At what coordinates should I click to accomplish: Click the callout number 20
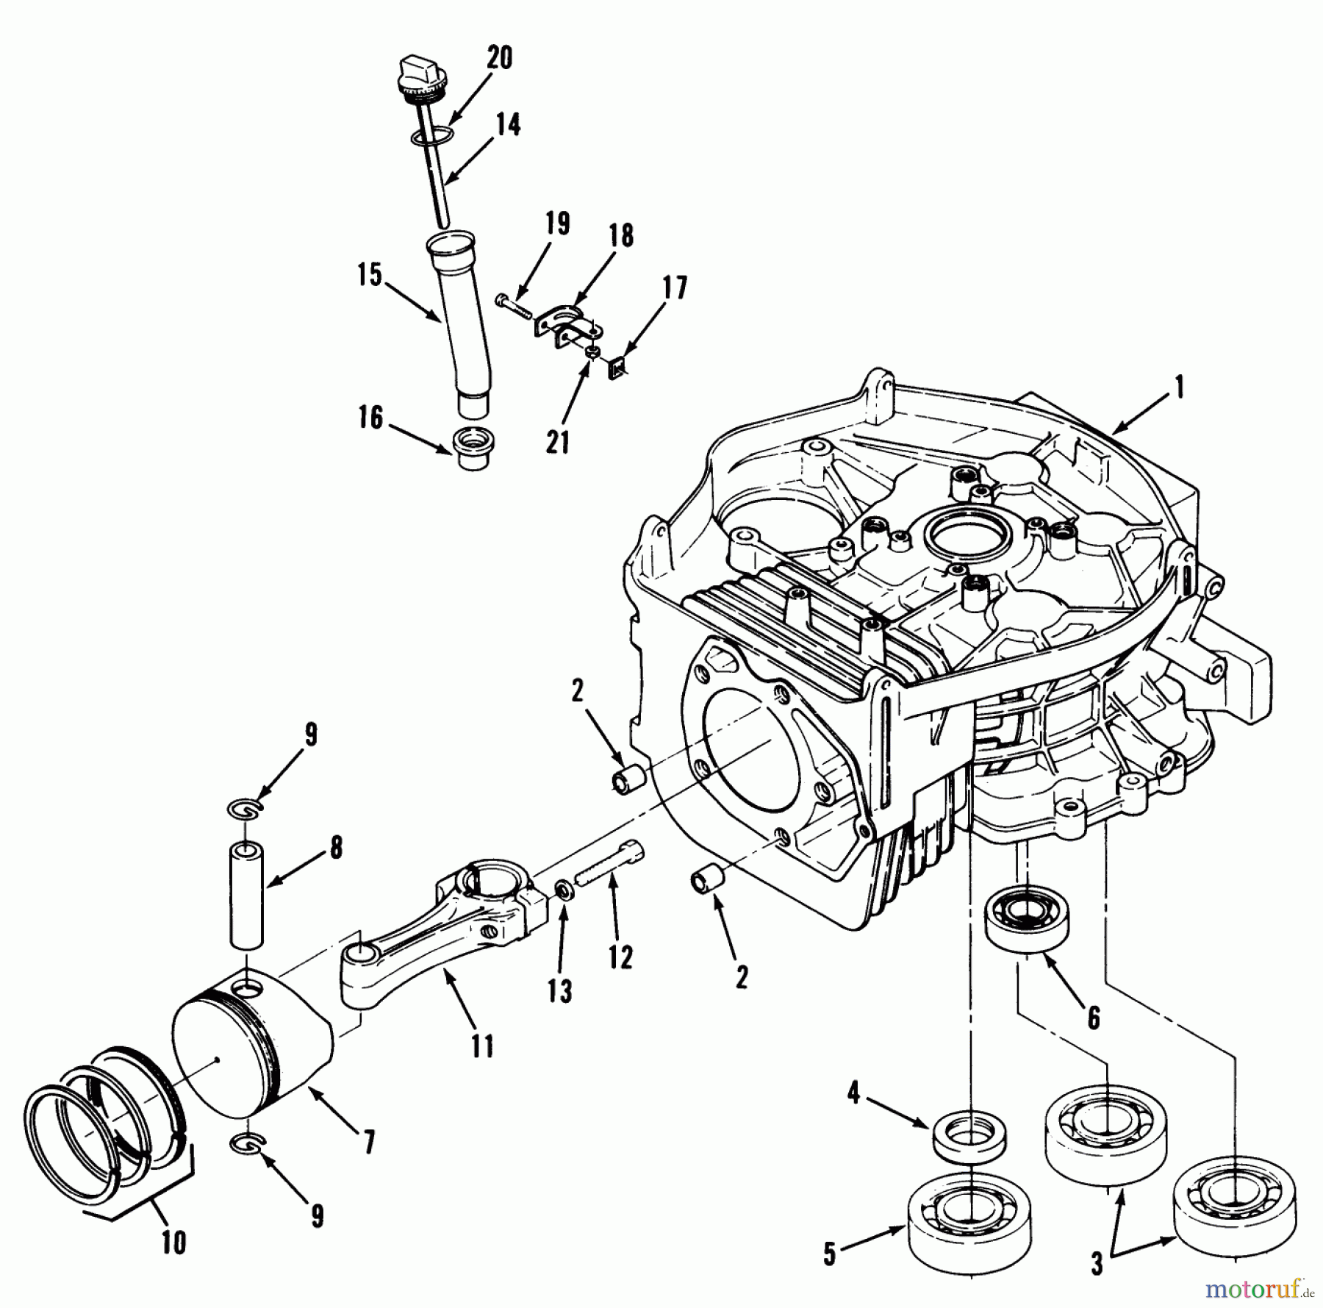[x=499, y=57]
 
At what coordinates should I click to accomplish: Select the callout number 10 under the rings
[x=175, y=1242]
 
